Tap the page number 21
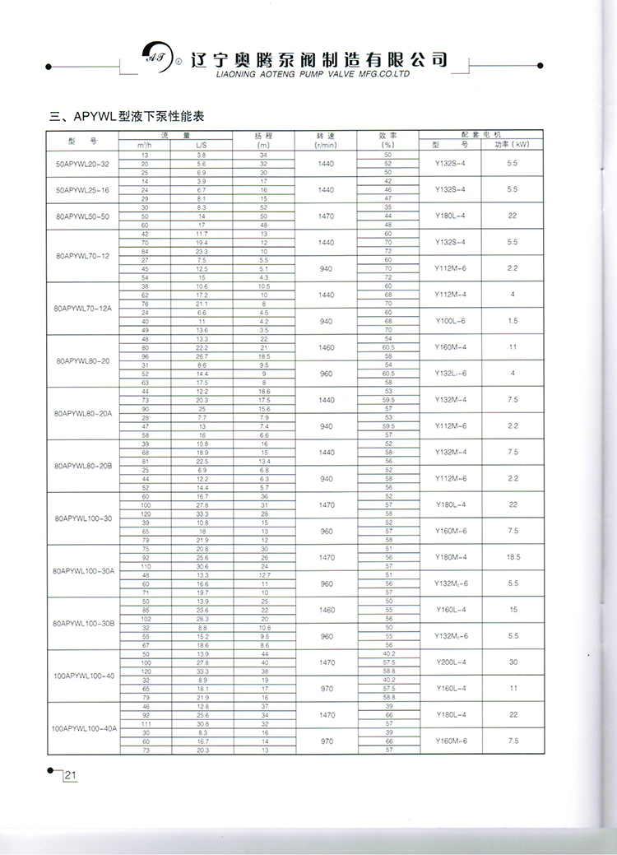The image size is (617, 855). [x=70, y=774]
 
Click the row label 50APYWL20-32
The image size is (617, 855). [x=81, y=165]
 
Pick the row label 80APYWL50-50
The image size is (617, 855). [x=81, y=216]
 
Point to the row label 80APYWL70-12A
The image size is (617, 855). [x=81, y=309]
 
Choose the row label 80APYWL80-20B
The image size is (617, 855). [x=81, y=465]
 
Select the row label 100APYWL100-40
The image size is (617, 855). [x=81, y=675]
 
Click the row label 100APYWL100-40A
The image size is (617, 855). [x=81, y=727]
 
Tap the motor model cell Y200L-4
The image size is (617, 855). [x=451, y=662]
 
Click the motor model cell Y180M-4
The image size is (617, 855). [x=451, y=557]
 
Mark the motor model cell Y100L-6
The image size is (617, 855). [x=451, y=321]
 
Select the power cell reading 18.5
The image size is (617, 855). [x=513, y=557]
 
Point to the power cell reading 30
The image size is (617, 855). [x=513, y=662]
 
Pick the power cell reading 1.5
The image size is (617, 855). [x=513, y=321]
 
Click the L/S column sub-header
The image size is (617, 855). [x=202, y=145]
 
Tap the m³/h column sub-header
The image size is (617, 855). [x=145, y=145]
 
